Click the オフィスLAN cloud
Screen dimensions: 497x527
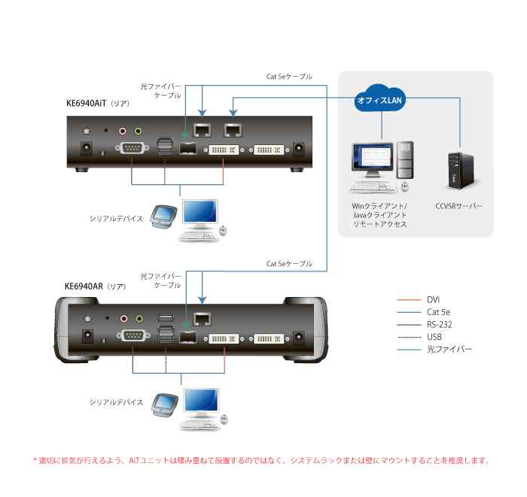[380, 100]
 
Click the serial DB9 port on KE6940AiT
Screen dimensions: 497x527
[130, 147]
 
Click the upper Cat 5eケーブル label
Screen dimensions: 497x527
[289, 77]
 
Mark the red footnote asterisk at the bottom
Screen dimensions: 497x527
[35, 460]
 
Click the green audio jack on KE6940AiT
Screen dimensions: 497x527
[138, 129]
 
